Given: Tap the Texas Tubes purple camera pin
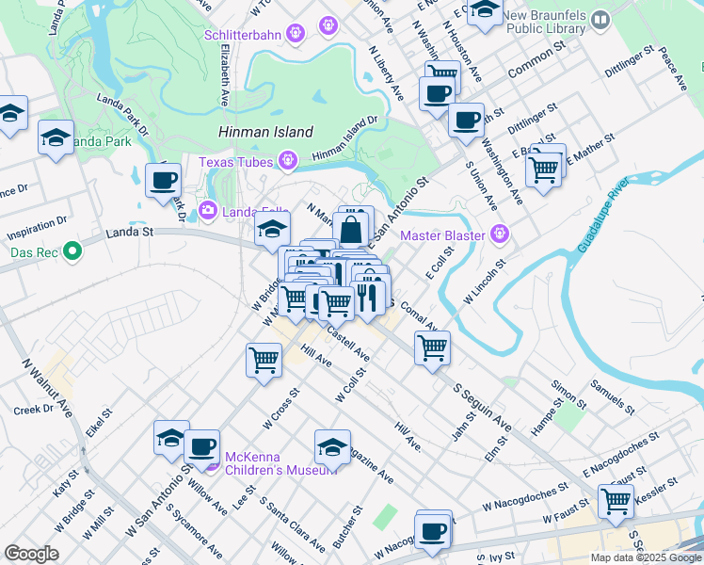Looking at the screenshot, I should coord(287,162).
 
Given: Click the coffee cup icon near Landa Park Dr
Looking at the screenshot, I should coord(164,179).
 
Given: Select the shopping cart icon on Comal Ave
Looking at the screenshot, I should coord(432,347).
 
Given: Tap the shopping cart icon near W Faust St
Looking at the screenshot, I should coord(616,500).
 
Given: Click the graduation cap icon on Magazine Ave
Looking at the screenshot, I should coord(332,446).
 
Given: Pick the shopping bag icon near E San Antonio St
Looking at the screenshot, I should coord(350,230).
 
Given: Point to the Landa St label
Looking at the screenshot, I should coord(129,232).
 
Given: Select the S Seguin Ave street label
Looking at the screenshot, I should coord(482,408).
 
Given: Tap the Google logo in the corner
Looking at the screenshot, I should coord(31,554).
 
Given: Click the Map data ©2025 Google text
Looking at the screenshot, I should coord(645,557).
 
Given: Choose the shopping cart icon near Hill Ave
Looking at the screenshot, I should coord(264,360).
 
